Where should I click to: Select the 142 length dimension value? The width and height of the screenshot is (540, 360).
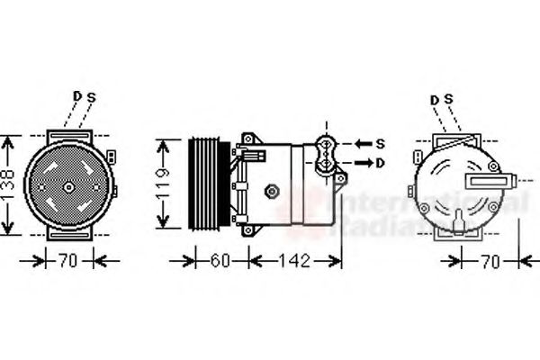(293, 262)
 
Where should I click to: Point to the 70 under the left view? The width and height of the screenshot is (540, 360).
(68, 262)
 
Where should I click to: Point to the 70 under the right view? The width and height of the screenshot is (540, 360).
(489, 262)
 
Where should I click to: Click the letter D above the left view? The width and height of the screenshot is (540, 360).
(77, 96)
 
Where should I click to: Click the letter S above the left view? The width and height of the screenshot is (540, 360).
(90, 96)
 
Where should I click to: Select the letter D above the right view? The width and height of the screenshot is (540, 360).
(436, 99)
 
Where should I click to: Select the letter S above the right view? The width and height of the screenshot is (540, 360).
(447, 99)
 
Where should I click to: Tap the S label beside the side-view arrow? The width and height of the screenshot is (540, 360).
(379, 144)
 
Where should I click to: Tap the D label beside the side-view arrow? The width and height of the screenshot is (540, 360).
(379, 163)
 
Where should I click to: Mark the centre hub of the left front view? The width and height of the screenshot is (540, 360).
(68, 186)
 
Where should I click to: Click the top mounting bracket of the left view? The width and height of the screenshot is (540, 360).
(68, 134)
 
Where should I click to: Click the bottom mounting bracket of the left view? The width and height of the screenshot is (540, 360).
(68, 233)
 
